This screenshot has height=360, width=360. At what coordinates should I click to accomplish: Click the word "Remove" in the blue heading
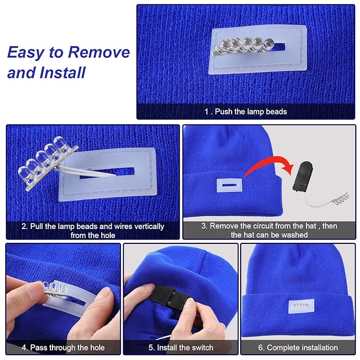(x=99, y=52)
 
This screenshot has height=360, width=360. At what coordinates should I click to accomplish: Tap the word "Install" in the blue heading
(x=62, y=73)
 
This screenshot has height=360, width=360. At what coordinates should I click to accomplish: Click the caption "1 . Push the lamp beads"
(x=245, y=111)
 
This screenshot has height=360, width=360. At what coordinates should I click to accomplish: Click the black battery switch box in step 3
(x=302, y=176)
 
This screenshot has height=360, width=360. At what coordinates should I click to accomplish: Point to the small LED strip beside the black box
(x=341, y=199)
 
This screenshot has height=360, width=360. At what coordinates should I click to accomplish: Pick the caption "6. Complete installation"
(x=298, y=347)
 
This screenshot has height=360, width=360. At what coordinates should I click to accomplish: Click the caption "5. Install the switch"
(x=181, y=347)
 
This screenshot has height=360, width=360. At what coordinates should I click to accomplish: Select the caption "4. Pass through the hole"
(x=63, y=347)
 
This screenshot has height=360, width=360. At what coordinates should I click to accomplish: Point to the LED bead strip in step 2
(x=48, y=162)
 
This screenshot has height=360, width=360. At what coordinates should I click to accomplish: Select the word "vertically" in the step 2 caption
(x=149, y=226)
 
